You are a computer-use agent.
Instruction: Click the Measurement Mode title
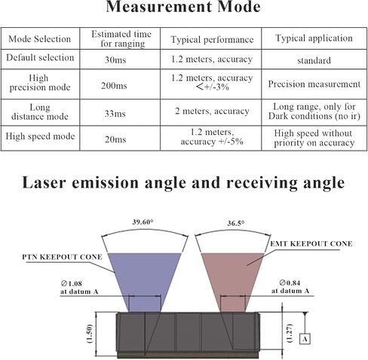click(x=183, y=7)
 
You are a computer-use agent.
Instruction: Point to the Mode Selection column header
click(x=40, y=39)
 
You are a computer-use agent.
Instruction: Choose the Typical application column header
click(x=314, y=38)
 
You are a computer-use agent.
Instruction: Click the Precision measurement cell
click(x=314, y=84)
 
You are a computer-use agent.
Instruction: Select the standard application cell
click(x=314, y=60)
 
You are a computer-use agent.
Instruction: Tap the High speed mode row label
click(x=40, y=136)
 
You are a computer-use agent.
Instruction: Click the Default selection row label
click(x=40, y=57)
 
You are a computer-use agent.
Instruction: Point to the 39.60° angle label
click(x=143, y=222)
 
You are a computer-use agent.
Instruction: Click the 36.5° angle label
click(x=235, y=223)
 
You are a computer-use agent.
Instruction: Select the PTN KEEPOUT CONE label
click(x=62, y=257)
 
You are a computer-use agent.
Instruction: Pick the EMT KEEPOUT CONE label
click(x=311, y=244)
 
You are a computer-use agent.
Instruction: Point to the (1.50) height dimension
click(x=90, y=334)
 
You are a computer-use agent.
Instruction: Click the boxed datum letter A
click(x=305, y=339)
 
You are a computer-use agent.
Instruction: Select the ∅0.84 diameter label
click(x=290, y=283)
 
